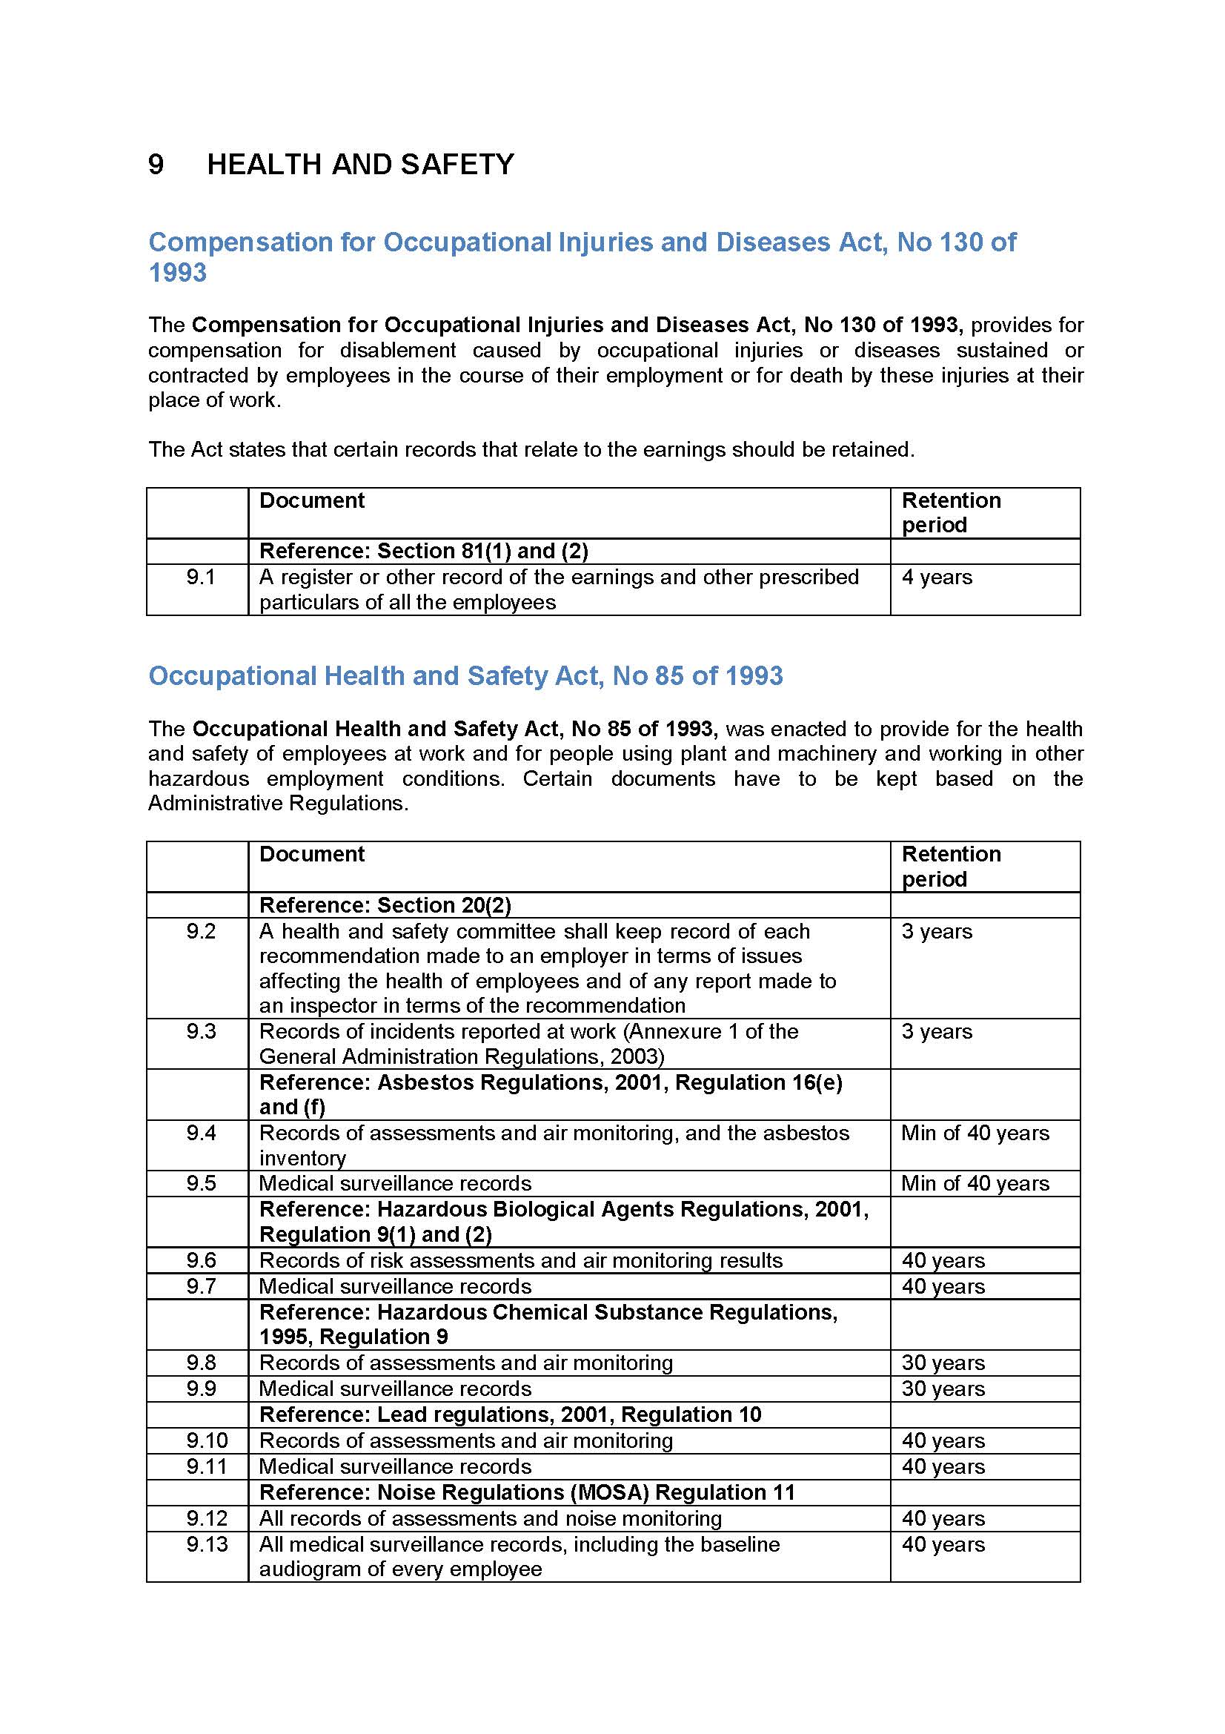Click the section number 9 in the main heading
(x=156, y=165)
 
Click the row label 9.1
(x=201, y=578)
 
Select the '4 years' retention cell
(x=937, y=578)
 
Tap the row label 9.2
(x=201, y=931)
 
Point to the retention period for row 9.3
(x=937, y=1032)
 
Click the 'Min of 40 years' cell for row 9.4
(x=975, y=1133)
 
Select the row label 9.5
(x=201, y=1183)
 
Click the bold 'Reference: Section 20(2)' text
(x=385, y=904)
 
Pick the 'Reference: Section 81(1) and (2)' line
(x=423, y=552)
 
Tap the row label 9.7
(x=201, y=1286)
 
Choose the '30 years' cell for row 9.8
(x=943, y=1363)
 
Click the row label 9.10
(x=207, y=1440)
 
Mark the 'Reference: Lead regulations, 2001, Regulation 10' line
(x=510, y=1414)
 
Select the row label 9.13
(x=207, y=1544)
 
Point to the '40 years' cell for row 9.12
(x=943, y=1518)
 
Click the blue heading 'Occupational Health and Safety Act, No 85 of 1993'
(x=465, y=676)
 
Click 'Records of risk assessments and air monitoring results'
(x=521, y=1260)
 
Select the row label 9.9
(x=201, y=1388)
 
